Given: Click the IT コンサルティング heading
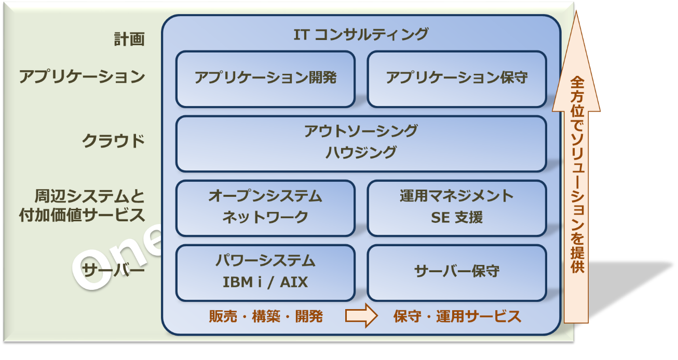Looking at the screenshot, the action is coord(361,34).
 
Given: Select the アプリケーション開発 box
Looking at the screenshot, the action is coord(265,79).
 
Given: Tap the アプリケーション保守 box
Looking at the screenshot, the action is coord(457,79).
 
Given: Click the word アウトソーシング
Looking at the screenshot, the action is coord(361,131).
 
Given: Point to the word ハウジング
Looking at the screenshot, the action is coord(361,152).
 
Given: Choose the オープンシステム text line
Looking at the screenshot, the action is coord(265,196).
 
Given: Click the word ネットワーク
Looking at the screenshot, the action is coord(265,217).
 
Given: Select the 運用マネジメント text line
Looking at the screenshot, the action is coord(457,196).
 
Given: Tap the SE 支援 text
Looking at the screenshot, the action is coord(457,217).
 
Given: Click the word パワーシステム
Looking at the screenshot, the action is coord(265,260).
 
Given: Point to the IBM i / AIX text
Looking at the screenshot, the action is coord(265,282).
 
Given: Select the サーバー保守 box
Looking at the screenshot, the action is coord(457,273).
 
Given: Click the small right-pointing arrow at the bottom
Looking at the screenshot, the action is coord(361,315).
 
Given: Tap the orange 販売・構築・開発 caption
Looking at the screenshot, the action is coord(266,316).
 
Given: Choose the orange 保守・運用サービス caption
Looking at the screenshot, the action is coord(457,316).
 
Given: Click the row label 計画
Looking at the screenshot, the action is coord(129,39).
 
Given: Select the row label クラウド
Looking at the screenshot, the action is coord(113,141).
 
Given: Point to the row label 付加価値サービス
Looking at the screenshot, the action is coord(82,215).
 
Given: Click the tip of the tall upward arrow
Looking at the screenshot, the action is coord(576,11).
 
